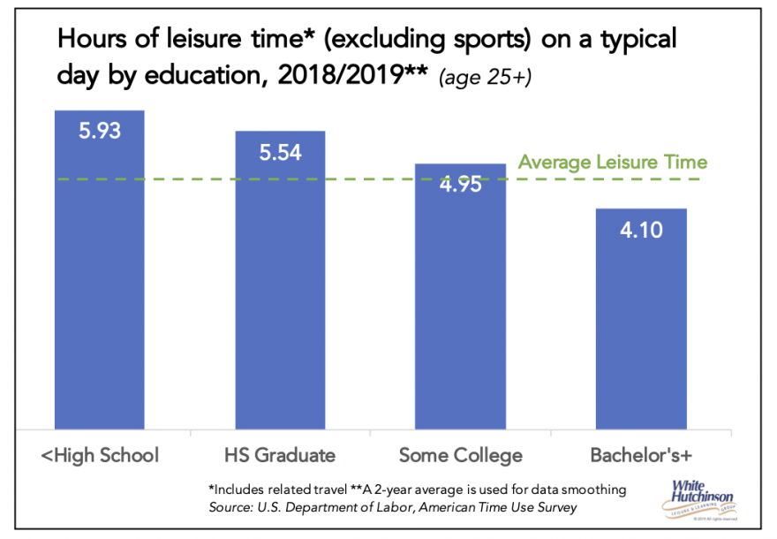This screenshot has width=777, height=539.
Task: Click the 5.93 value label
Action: click(x=99, y=133)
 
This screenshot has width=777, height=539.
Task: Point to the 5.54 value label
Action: click(x=280, y=152)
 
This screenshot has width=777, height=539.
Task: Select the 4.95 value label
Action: click(x=460, y=186)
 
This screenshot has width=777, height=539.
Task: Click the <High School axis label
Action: click(x=100, y=456)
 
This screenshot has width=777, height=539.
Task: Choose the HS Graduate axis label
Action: click(x=280, y=456)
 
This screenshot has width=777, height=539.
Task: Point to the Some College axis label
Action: click(x=460, y=456)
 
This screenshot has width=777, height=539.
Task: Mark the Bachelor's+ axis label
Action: click(x=641, y=456)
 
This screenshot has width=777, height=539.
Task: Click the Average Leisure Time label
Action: click(x=612, y=163)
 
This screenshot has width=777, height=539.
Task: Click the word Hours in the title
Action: click(x=88, y=41)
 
